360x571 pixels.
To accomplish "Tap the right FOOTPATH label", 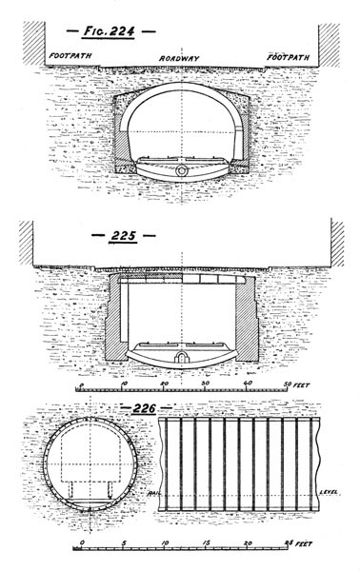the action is pos(288,57).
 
